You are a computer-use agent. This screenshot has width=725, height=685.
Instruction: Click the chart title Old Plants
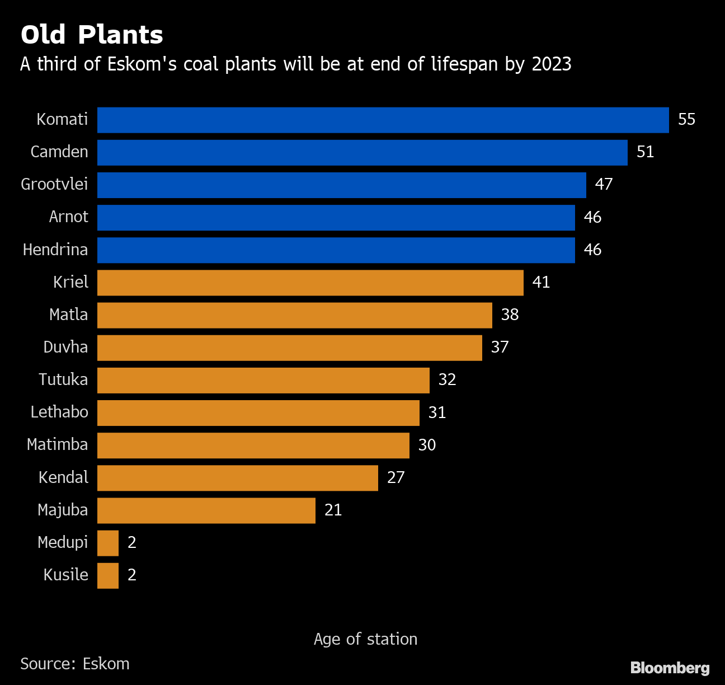tap(92, 35)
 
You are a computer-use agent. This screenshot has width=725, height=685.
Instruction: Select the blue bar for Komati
tap(383, 120)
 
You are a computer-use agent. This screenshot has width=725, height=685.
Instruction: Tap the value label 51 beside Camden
tap(645, 152)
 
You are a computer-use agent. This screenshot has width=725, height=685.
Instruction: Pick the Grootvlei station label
tap(54, 184)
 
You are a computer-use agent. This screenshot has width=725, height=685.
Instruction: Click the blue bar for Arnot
tap(336, 217)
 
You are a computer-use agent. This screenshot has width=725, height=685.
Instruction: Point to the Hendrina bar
tap(336, 250)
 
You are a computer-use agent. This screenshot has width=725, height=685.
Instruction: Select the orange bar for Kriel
tap(310, 282)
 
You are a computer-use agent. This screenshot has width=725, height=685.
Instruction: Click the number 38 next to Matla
tap(510, 315)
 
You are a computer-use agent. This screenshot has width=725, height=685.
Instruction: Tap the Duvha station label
tap(65, 347)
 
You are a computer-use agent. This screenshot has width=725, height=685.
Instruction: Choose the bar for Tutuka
tap(263, 380)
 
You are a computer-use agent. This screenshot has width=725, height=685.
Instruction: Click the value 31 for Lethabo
tap(437, 412)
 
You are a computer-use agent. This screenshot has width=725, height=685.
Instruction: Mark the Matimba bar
tap(253, 445)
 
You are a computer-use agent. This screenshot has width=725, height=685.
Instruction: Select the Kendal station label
tap(63, 477)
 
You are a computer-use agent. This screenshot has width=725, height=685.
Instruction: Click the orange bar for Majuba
tap(206, 510)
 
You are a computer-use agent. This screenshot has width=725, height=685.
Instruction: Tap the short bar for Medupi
tap(108, 542)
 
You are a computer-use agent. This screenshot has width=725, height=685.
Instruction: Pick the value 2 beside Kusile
tap(132, 575)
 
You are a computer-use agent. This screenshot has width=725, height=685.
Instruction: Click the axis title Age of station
tap(365, 639)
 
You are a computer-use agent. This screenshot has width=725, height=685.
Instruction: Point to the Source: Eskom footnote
tap(74, 664)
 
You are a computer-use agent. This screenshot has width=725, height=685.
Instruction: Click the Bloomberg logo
tap(670, 668)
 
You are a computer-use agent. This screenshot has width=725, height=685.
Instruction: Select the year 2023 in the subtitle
tap(551, 64)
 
